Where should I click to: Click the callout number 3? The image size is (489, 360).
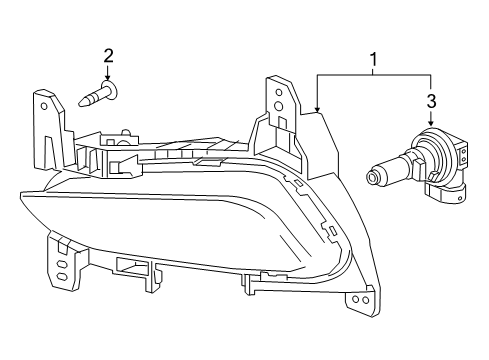(x=432, y=100)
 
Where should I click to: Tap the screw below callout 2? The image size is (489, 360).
(x=97, y=96)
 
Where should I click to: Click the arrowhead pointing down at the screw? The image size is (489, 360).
(x=108, y=77)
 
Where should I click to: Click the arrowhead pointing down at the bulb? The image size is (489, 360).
(x=432, y=124)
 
